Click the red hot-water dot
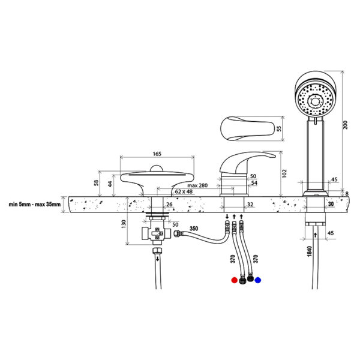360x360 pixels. [234, 280]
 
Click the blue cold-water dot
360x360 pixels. [258, 280]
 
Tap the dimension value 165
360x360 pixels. [157, 154]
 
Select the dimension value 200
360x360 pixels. [346, 125]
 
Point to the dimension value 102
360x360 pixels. [284, 173]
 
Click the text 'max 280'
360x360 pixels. [197, 185]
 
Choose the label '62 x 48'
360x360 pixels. [184, 191]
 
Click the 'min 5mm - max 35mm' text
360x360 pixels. [35, 205]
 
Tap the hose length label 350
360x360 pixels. [194, 229]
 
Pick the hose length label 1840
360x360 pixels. [310, 251]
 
